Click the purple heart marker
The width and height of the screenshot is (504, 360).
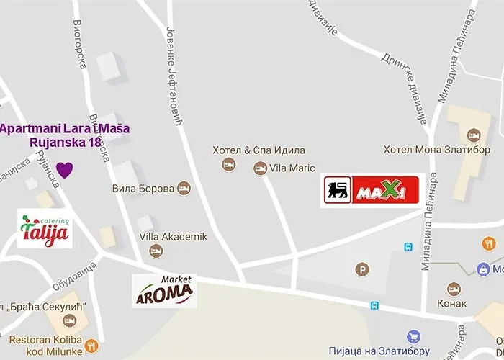[65, 170]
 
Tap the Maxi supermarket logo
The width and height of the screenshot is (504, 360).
[370, 191]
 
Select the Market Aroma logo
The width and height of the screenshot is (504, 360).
[164, 290]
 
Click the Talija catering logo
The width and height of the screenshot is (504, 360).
[45, 229]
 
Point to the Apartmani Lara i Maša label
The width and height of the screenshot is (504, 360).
[65, 129]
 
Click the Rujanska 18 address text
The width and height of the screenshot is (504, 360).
[66, 143]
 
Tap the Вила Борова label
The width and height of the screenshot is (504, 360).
[143, 189]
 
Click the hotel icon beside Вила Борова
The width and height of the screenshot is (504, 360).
[184, 188]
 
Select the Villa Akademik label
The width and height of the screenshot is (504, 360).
[173, 236]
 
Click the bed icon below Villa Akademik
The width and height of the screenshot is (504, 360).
[156, 251]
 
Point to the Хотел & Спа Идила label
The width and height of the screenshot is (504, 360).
[258, 150]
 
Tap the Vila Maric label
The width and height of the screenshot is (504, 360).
[292, 168]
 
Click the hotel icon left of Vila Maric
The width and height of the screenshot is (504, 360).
[260, 168]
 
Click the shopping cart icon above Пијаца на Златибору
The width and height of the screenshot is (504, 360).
[413, 336]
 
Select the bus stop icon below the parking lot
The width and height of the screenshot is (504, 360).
[374, 305]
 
